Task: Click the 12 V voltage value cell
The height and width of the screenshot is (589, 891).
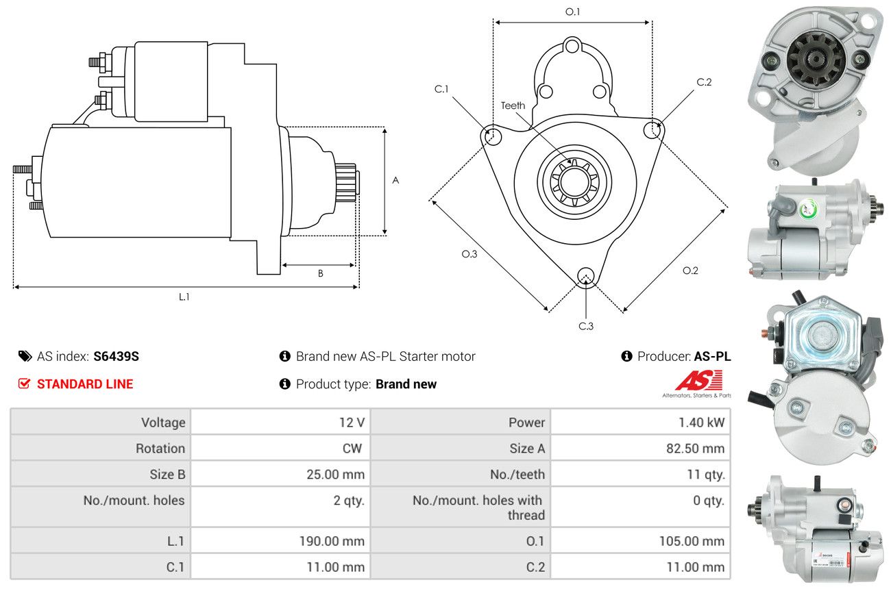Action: point(352,422)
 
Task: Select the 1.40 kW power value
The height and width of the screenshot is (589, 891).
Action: point(701,422)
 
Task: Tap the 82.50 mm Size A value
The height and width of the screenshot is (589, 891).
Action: point(695,449)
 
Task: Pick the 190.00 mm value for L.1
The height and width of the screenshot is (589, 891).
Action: point(332,541)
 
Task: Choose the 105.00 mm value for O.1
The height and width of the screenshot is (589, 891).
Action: point(692,541)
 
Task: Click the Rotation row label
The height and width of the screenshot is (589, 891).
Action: point(160,449)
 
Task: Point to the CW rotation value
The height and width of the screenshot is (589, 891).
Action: point(352,449)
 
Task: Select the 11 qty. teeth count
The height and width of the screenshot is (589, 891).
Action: point(706,474)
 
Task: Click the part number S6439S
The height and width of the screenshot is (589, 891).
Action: point(116,357)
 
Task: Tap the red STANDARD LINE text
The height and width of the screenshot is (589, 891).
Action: point(85,384)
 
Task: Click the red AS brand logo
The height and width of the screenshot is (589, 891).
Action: point(699,380)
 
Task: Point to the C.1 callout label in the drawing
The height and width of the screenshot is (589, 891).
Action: point(441,89)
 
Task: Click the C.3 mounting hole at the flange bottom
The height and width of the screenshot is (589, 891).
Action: point(585,276)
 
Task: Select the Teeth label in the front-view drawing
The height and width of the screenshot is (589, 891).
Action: point(513,105)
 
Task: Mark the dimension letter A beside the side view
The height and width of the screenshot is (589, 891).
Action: point(395,180)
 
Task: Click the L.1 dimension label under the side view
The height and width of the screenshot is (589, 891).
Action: point(184,297)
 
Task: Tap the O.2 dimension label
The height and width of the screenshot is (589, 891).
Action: point(691,271)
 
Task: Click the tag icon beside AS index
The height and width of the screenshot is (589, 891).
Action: point(25,356)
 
